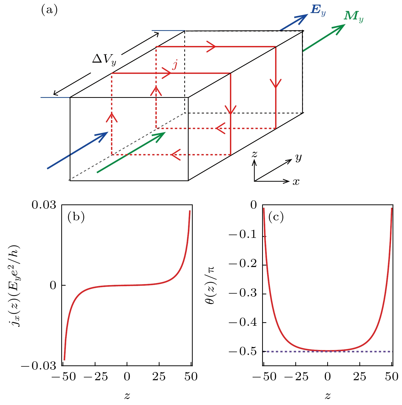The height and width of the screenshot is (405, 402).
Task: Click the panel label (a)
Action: click(x=49, y=10)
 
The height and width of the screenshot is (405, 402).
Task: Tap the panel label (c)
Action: click(x=276, y=217)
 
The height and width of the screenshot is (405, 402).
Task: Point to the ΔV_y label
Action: click(x=104, y=60)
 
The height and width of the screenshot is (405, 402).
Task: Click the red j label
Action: click(x=175, y=65)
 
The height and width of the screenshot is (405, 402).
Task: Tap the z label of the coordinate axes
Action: click(x=254, y=154)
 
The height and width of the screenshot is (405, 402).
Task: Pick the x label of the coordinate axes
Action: click(x=296, y=182)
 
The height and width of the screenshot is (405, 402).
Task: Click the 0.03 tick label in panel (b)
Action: click(x=44, y=205)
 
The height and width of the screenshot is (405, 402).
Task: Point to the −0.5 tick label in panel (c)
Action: click(x=242, y=352)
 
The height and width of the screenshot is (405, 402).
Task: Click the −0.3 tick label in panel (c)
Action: click(x=242, y=293)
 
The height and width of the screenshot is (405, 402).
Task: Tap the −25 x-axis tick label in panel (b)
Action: click(x=95, y=377)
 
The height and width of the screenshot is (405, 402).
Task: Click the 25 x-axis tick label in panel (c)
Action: click(x=360, y=377)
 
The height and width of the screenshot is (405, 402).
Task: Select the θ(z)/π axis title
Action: click(x=210, y=285)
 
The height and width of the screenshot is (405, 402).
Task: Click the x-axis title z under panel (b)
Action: click(x=127, y=396)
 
